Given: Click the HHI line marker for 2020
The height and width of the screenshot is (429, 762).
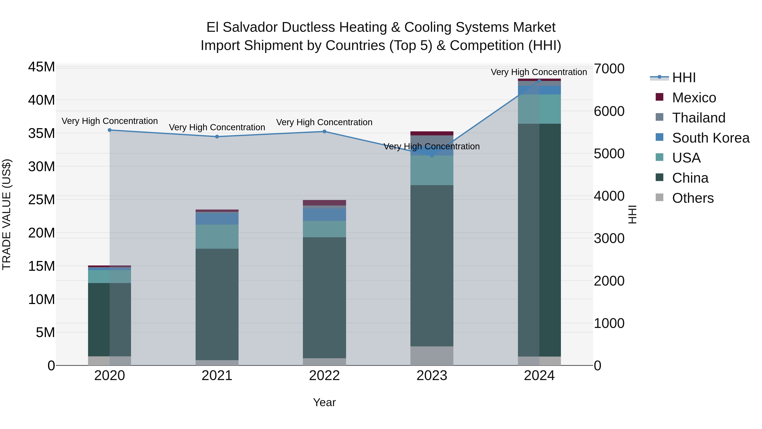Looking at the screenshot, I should coord(109,130).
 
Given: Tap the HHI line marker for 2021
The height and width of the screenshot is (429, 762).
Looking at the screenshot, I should coord(217,136).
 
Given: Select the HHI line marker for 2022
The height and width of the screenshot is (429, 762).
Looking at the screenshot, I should coord(324,131).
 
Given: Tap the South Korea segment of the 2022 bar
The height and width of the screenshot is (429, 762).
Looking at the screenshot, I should coord(324,214).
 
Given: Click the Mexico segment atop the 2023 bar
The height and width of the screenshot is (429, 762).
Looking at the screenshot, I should coord(432,133).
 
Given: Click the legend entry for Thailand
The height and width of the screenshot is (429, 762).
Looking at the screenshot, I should coord(698,118).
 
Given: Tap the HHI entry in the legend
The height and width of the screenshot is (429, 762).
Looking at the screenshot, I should coord(684,78).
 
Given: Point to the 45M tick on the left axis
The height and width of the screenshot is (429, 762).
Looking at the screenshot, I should coord(41,67).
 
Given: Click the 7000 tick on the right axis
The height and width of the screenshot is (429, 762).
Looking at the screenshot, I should coord(609,69).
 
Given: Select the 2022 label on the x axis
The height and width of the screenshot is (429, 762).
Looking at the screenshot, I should coord(324,376).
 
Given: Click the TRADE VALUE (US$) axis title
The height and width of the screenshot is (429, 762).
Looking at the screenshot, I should coord(7,214).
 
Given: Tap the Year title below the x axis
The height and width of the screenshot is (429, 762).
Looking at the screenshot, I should coord(324,402).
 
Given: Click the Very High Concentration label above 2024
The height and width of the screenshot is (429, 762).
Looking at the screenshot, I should coord(539,72).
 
